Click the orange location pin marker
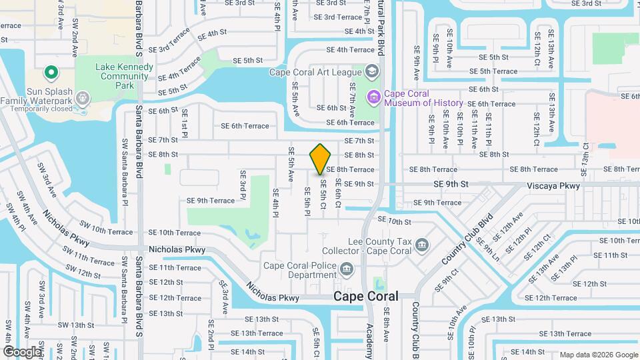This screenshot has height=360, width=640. pos(321,159)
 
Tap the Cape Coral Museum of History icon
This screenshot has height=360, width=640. pos(373,98)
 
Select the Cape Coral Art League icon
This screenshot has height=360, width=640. pos(371,72)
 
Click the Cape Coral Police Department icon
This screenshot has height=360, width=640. pos(346,269)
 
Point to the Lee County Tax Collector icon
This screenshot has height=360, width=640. pos(421,245)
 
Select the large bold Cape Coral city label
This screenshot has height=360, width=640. pos(365,296)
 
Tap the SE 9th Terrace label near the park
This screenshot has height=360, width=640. pos(211,200)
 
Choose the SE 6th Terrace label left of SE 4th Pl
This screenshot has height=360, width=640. pos(245,125)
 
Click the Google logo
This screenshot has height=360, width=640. pos(22,351)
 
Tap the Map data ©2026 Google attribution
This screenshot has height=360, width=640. pos(598,355)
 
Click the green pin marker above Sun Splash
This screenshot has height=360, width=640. pos(51,72)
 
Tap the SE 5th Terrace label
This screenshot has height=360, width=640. pos(493,71)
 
